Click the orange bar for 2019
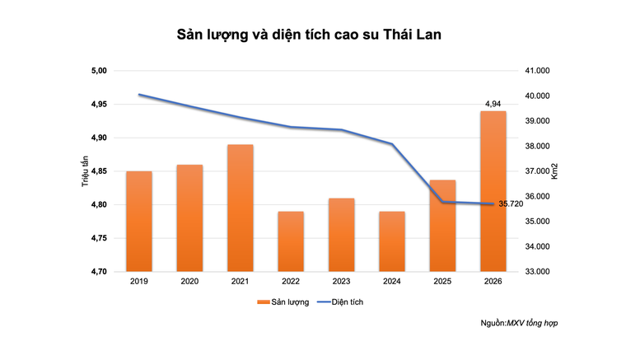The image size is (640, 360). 139,221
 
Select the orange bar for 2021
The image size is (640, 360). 241,208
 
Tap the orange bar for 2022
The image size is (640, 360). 291,241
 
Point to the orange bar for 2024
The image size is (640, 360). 392,241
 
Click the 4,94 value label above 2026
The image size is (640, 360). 493,104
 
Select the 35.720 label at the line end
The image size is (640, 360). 512,203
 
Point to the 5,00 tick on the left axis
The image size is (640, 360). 99,71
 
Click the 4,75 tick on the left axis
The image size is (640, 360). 99,238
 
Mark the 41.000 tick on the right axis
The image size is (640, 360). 540,71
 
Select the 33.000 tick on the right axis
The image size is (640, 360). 540,271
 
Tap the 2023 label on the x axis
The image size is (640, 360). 342,282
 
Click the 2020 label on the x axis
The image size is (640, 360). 189,282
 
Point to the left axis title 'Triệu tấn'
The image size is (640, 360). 85,171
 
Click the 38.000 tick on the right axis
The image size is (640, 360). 540,146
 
